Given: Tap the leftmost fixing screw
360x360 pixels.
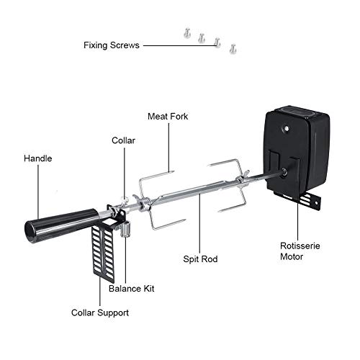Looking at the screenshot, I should (x=186, y=32).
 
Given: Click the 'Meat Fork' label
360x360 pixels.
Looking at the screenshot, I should (x=168, y=116).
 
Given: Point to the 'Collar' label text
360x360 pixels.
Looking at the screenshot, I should (x=123, y=140).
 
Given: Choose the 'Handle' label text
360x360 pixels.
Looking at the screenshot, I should (x=37, y=158).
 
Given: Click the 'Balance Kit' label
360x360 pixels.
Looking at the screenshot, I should (x=131, y=289).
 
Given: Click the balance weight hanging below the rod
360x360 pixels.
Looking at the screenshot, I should (x=124, y=230).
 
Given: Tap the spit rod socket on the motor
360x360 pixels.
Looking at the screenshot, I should (x=287, y=172).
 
